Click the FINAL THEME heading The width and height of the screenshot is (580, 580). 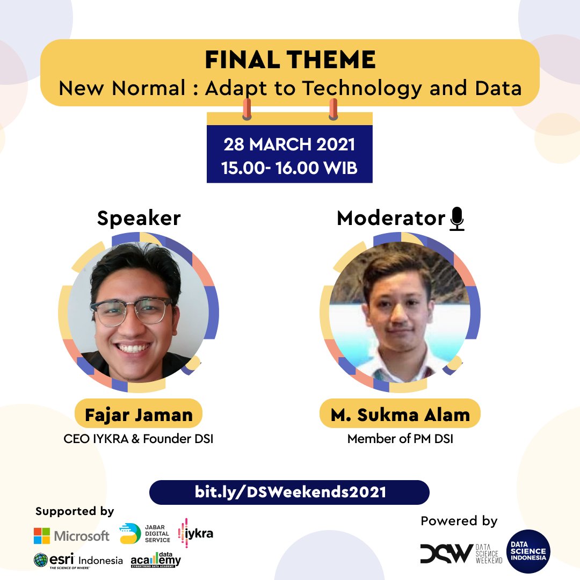click(290, 60)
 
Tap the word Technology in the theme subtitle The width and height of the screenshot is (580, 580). click(362, 88)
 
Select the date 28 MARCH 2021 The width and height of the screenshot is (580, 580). click(289, 145)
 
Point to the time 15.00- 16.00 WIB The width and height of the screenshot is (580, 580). click(289, 168)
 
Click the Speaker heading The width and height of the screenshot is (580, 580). click(139, 219)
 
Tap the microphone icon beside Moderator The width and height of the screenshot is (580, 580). click(457, 219)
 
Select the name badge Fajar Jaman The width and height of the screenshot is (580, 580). click(139, 414)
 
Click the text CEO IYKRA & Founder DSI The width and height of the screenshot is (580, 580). click(139, 439)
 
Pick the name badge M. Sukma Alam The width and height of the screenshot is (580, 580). click(400, 414)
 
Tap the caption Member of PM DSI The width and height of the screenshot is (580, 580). click(400, 439)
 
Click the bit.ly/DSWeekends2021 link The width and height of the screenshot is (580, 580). click(289, 492)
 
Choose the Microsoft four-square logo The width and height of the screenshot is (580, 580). click(42, 535)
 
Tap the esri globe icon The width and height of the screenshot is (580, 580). click(41, 561)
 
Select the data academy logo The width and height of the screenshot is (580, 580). click(156, 560)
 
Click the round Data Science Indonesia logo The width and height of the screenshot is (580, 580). click(528, 552)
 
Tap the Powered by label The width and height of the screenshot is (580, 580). click(459, 521)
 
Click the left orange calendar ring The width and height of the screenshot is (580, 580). click(247, 109)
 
